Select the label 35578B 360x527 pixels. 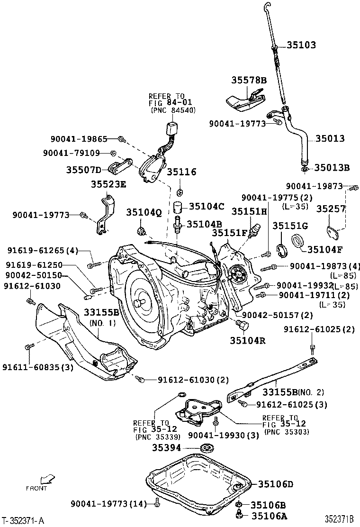point(249,80)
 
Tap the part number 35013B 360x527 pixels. point(332,167)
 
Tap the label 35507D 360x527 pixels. point(83,170)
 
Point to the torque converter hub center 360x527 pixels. point(141,301)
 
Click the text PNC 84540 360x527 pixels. point(172,109)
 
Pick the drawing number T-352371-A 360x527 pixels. point(23,520)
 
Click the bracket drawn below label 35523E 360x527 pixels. point(106,216)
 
